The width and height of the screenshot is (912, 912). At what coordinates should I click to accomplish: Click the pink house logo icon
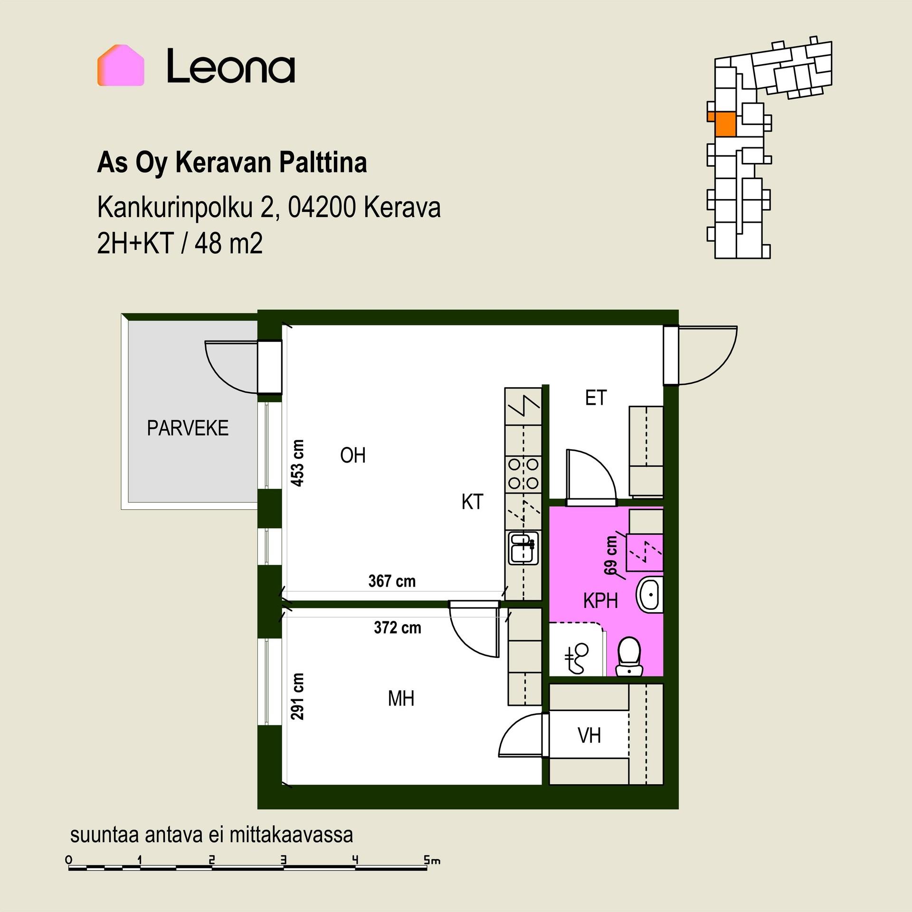[x=121, y=66]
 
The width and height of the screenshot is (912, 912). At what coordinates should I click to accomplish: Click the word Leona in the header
[x=231, y=66]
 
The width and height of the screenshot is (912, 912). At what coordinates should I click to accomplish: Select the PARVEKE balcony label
[x=188, y=428]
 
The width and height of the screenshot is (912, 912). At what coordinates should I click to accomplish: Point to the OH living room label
[x=353, y=456]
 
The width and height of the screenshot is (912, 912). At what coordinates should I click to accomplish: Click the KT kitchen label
[x=472, y=502]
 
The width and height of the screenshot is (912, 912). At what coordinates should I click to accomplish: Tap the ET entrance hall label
[x=596, y=398]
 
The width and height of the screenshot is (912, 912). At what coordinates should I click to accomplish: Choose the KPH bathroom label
[x=600, y=601]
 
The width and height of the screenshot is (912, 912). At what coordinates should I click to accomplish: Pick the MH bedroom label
[x=401, y=698]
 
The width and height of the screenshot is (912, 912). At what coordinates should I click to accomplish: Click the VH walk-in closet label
[x=589, y=735]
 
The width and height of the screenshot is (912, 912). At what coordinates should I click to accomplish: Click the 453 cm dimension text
[x=298, y=463]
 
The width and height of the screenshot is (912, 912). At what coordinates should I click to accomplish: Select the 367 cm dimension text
[x=392, y=581]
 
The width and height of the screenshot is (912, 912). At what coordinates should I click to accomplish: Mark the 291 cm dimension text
[x=298, y=696]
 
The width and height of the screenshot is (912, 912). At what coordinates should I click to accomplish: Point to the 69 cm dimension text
[x=611, y=555]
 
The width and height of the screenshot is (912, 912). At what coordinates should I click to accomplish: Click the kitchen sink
[x=523, y=548]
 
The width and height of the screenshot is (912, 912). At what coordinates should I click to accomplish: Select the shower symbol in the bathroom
[x=577, y=658]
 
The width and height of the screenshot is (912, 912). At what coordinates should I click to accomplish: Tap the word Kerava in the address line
[x=402, y=207]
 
